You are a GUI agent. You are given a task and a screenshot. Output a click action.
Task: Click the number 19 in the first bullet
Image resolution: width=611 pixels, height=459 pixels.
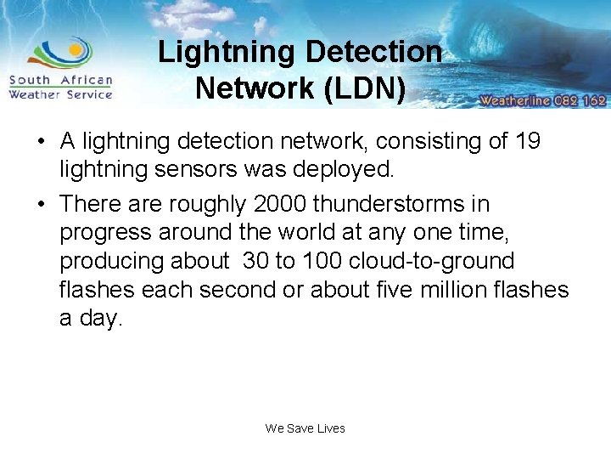tap(527, 140)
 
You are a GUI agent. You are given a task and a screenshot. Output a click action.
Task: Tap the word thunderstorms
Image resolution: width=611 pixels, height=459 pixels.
tap(402, 204)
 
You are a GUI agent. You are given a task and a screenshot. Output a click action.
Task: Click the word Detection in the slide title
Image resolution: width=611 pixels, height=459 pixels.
tap(373, 52)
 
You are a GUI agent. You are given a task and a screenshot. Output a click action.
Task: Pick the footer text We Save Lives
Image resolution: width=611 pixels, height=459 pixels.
tap(305, 428)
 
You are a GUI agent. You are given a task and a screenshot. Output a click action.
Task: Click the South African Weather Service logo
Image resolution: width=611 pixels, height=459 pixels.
tap(61, 70)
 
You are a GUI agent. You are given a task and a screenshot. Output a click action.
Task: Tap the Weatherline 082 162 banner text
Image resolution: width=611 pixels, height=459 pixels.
tap(542, 100)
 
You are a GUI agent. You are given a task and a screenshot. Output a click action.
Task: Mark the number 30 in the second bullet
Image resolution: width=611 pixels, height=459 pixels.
tap(255, 261)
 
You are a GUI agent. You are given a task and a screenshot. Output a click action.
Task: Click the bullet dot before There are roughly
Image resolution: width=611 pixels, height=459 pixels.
tap(42, 204)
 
